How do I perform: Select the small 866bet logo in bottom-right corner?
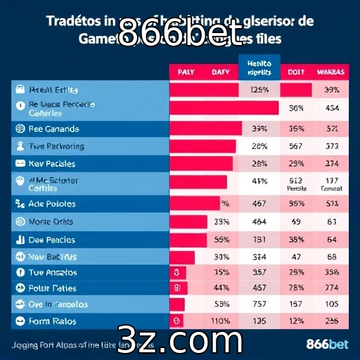coord(328,345)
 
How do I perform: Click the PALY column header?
coord(186,72)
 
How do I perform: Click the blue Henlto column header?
coord(259,67)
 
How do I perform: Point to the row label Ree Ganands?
coord(54,129)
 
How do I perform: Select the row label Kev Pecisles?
coord(53,163)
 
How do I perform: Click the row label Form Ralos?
coord(53,321)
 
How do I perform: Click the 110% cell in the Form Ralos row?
coord(222,321)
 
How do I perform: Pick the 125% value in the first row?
coord(259,90)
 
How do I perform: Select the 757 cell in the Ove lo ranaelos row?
coord(259,304)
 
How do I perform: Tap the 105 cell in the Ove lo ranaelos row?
coord(332,304)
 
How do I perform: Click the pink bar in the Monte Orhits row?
coord(188,221)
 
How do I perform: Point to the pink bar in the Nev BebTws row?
coord(181,257)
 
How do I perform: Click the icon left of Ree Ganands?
coord(20,129)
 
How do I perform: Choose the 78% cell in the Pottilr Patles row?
coord(296,288)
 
